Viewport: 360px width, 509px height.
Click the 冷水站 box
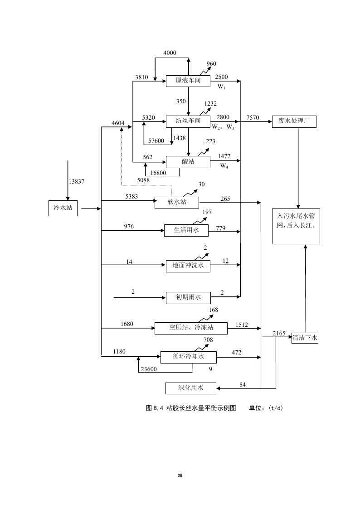[63, 208]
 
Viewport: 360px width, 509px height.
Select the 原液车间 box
[188, 81]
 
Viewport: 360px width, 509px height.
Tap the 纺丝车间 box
[188, 121]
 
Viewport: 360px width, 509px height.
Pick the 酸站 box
[188, 162]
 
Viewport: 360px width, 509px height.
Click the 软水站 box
[177, 202]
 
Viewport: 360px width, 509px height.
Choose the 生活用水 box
[186, 230]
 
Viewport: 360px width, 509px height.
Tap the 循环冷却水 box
[188, 357]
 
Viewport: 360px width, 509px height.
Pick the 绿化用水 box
[190, 388]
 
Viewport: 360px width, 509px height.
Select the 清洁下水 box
[305, 337]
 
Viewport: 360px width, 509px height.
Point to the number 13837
[77, 181]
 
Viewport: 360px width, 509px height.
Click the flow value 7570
[253, 118]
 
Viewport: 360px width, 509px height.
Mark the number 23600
[149, 369]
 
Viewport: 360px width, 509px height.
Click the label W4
[224, 166]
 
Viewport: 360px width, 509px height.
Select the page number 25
[180, 475]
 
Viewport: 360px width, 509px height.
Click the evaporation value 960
[211, 63]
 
